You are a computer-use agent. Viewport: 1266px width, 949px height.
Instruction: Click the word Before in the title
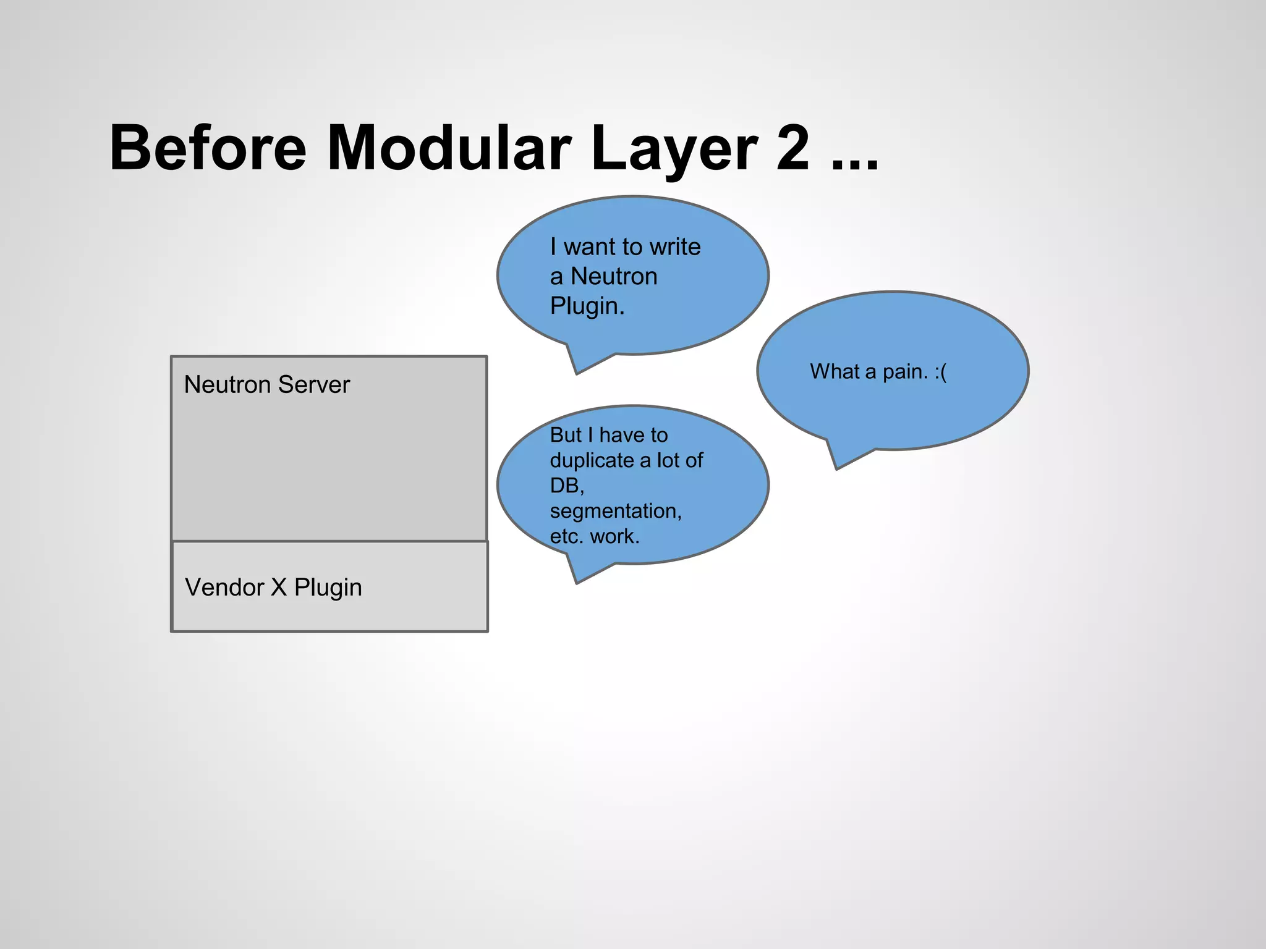pyautogui.click(x=208, y=148)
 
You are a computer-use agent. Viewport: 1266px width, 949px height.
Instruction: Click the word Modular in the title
pyautogui.click(x=449, y=148)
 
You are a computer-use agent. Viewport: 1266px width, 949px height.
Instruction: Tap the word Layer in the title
pyautogui.click(x=674, y=148)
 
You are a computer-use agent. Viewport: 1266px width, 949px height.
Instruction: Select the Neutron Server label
pyautogui.click(x=266, y=384)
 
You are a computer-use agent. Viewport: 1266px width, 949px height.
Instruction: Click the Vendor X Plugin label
pyautogui.click(x=273, y=587)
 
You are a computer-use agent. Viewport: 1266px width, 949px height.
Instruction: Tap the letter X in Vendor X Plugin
pyautogui.click(x=279, y=587)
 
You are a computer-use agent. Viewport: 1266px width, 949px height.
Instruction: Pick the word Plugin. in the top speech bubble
pyautogui.click(x=587, y=306)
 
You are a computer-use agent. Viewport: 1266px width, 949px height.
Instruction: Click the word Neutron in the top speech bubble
pyautogui.click(x=614, y=276)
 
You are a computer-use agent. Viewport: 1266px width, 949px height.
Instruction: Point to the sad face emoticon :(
pyautogui.click(x=940, y=372)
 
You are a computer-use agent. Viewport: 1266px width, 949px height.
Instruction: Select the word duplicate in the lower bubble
pyautogui.click(x=592, y=460)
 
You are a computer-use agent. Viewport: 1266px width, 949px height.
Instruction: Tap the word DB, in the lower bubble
pyautogui.click(x=567, y=486)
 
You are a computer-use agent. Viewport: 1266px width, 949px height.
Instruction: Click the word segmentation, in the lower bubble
pyautogui.click(x=616, y=511)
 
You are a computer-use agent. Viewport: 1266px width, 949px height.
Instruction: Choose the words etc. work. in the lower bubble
pyautogui.click(x=595, y=536)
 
